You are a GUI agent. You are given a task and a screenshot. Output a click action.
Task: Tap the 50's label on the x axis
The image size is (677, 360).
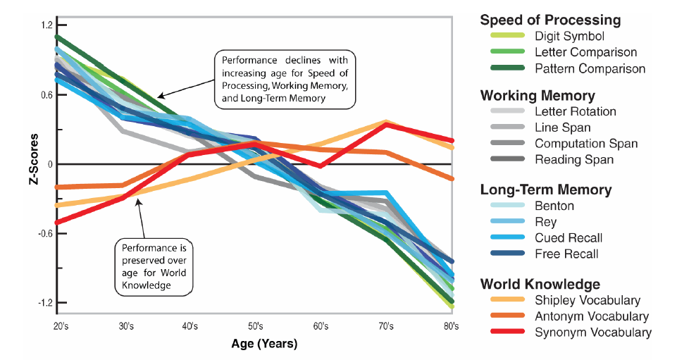point(255,326)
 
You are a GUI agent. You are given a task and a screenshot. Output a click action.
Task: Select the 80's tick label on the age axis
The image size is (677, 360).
point(450,326)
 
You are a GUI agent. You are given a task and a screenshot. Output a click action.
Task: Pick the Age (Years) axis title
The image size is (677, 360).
point(264,345)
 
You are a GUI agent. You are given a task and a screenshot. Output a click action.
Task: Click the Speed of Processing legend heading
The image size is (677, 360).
point(550,20)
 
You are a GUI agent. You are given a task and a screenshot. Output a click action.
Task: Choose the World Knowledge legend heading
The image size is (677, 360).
point(540,284)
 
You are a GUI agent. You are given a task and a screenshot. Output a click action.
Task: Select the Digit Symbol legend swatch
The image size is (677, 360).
point(502,36)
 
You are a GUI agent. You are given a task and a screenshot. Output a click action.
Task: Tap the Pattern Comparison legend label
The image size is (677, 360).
point(590,68)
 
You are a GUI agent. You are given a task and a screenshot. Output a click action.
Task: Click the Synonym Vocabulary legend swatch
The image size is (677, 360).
point(502,333)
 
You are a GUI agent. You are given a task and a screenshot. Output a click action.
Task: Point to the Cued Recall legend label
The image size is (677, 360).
point(569,238)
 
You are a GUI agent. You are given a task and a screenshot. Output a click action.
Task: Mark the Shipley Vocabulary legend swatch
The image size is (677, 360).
point(502,301)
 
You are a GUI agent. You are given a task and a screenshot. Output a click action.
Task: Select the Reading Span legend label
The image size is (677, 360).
point(573,159)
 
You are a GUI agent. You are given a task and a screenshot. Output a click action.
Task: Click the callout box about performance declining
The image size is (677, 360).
point(285,78)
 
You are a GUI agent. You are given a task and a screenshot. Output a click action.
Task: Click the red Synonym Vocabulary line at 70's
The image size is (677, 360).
point(386,124)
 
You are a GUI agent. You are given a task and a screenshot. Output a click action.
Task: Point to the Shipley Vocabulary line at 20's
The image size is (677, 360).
point(56,205)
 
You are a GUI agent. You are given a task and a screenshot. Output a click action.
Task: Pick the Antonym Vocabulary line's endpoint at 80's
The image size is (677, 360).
point(452,179)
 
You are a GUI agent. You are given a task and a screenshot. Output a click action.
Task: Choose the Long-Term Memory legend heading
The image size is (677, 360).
point(545,190)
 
